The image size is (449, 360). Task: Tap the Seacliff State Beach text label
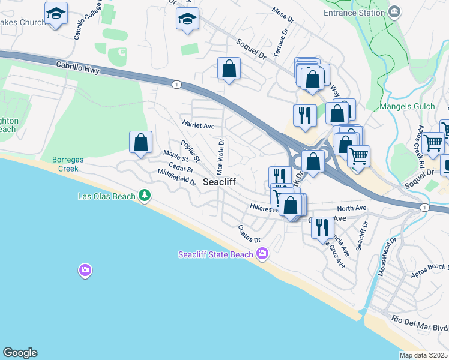(x=215, y=255)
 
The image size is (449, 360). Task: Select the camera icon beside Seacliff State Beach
(x=262, y=254)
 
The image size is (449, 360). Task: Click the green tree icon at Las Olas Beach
(x=145, y=196)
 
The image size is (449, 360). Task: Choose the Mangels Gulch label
(x=406, y=107)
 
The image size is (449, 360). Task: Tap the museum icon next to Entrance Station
(x=394, y=12)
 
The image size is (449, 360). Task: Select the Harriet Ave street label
(x=199, y=125)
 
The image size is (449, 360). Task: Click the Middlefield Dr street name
(x=176, y=177)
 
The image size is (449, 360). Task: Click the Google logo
(x=20, y=353)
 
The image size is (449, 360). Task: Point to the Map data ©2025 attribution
(x=424, y=355)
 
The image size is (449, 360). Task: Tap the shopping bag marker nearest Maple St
(x=141, y=143)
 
